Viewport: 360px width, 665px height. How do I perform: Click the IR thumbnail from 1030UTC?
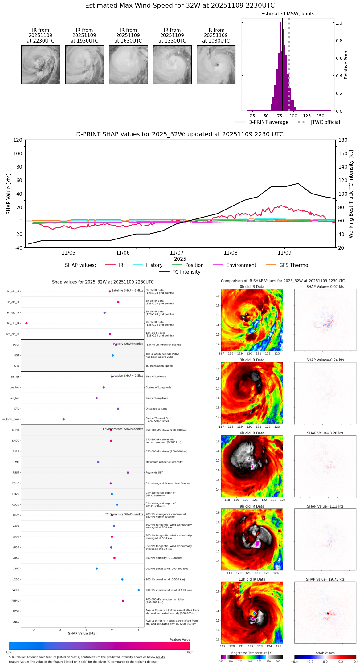(x=216, y=64)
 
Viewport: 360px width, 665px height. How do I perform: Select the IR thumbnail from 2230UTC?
(x=41, y=64)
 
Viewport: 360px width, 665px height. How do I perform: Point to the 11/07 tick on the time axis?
(x=177, y=253)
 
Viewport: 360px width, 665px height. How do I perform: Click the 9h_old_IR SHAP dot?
(x=27, y=323)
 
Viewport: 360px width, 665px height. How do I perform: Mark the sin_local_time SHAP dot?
(x=63, y=419)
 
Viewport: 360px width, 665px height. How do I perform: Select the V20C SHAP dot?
(x=139, y=590)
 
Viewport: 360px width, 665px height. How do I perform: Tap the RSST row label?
(x=16, y=472)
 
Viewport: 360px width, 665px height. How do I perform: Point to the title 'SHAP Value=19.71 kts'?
(x=325, y=579)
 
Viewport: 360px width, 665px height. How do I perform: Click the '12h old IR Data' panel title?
(x=252, y=579)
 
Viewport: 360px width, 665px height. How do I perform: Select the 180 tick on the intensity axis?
(x=343, y=140)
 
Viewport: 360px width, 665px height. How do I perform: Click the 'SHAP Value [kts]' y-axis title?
(x=9, y=194)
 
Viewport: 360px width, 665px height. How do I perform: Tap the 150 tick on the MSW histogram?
(x=321, y=116)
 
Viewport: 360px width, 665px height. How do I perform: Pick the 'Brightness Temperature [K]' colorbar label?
(x=252, y=653)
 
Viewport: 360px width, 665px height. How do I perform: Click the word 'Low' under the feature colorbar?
(x=9, y=652)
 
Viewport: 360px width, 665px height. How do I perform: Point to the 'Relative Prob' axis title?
(x=346, y=65)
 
